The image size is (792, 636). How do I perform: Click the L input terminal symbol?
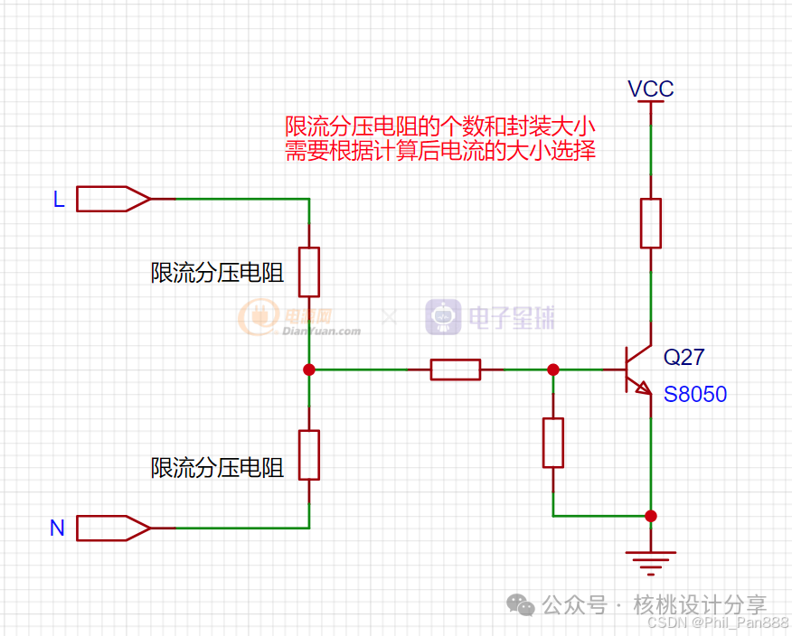[113, 198]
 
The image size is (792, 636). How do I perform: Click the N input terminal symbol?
[113, 528]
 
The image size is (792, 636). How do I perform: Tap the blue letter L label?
[59, 200]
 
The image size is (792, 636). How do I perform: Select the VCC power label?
[651, 89]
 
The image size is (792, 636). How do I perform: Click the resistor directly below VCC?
[651, 223]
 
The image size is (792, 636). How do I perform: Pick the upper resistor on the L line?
[309, 272]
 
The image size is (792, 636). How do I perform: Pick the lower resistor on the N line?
[309, 454]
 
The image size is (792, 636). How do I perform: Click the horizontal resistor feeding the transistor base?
[455, 369]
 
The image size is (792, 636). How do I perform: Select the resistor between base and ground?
[553, 443]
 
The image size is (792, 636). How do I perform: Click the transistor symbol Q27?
[638, 369]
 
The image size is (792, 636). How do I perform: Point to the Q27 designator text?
[684, 357]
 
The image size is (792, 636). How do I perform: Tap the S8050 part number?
[695, 395]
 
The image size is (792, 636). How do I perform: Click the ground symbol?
[651, 560]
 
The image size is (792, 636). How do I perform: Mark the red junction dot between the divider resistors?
[309, 369]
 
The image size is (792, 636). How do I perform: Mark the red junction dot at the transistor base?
[553, 369]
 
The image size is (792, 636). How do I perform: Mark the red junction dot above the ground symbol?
[651, 516]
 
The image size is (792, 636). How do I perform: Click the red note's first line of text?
[439, 126]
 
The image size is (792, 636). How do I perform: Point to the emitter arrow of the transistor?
[644, 389]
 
